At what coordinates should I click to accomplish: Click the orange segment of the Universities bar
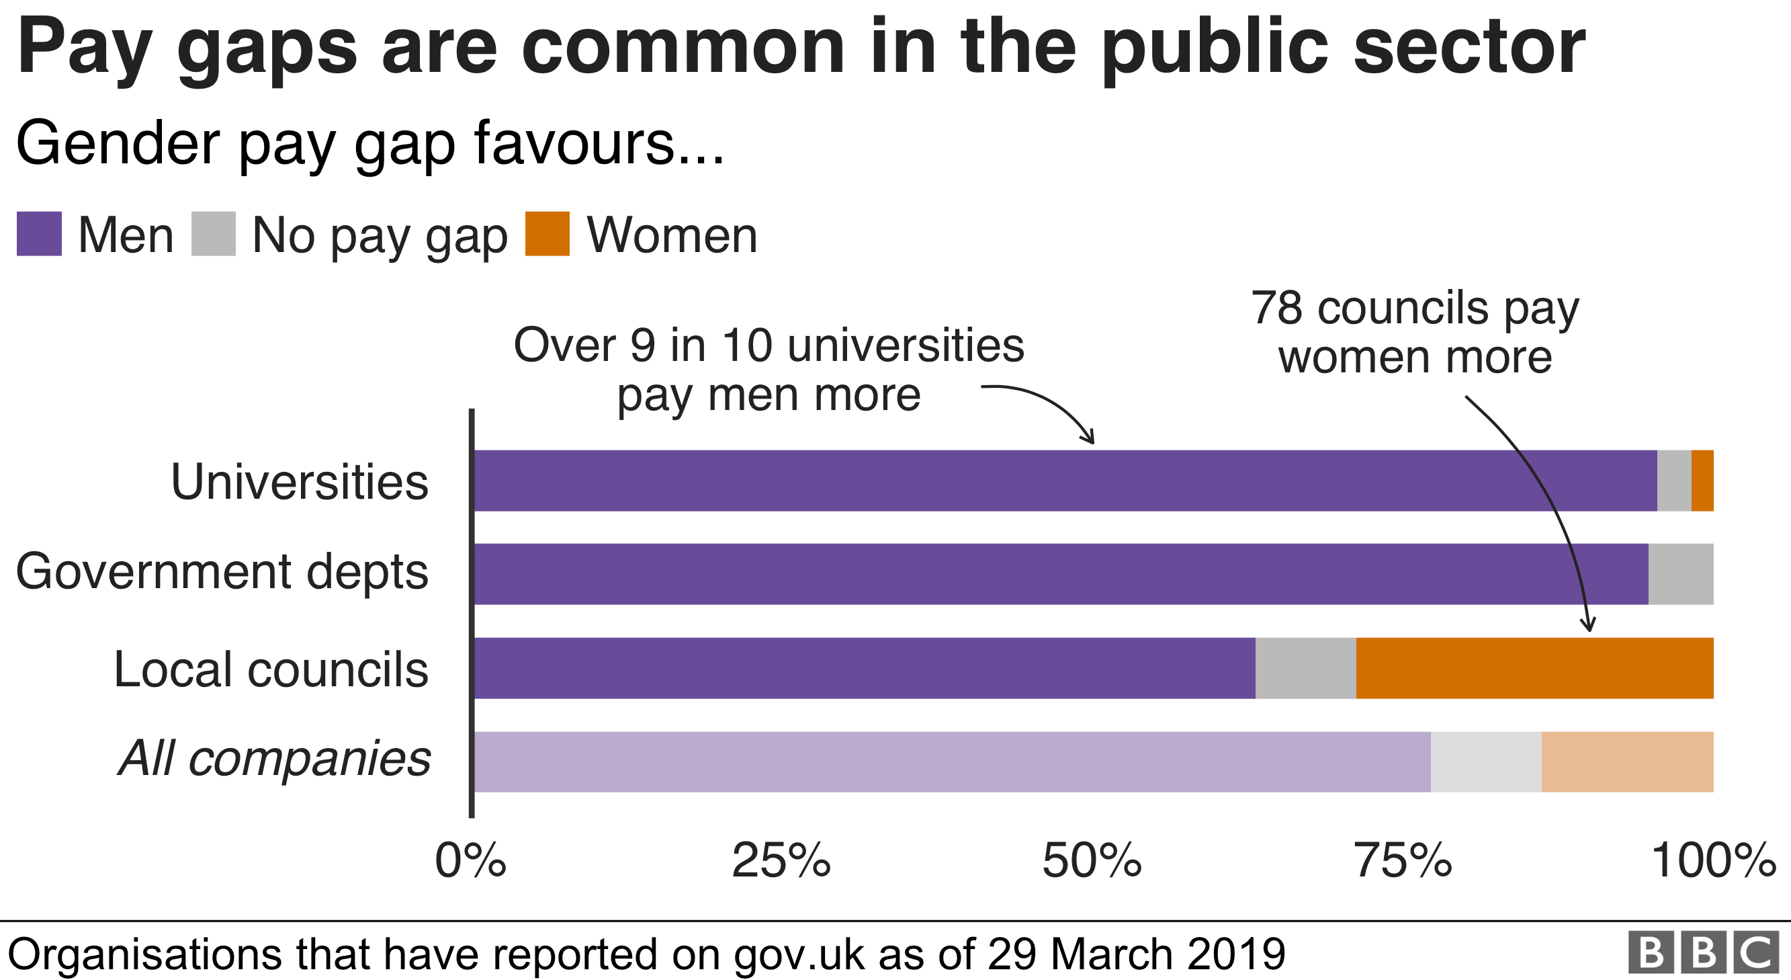pyautogui.click(x=1702, y=481)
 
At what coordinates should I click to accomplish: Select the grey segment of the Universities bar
pyautogui.click(x=1674, y=481)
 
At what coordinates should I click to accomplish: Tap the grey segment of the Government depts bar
pyautogui.click(x=1680, y=574)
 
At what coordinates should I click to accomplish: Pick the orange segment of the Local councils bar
pyautogui.click(x=1534, y=667)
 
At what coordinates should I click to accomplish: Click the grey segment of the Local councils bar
pyautogui.click(x=1306, y=667)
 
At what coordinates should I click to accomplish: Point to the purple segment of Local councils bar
pyautogui.click(x=864, y=667)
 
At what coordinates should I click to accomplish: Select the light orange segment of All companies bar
pyautogui.click(x=1627, y=762)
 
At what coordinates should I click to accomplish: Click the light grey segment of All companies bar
pyautogui.click(x=1486, y=762)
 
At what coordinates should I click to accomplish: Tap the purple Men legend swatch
pyautogui.click(x=39, y=235)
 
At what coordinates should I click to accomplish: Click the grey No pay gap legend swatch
pyautogui.click(x=214, y=235)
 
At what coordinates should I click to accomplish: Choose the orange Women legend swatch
pyautogui.click(x=547, y=235)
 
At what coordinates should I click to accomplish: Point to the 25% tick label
pyautogui.click(x=781, y=861)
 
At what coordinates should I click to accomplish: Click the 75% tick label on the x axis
pyautogui.click(x=1403, y=861)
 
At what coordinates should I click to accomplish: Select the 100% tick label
pyautogui.click(x=1713, y=861)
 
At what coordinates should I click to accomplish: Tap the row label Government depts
pyautogui.click(x=222, y=572)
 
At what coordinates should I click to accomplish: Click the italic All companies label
pyautogui.click(x=275, y=758)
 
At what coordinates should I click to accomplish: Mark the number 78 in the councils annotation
pyautogui.click(x=1276, y=307)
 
